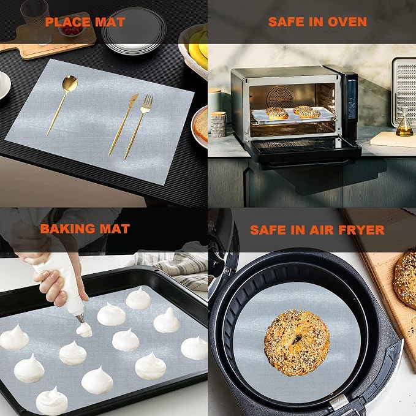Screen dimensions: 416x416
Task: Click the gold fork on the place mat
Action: pos(138,127)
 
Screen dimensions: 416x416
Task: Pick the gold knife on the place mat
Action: pos(123,124)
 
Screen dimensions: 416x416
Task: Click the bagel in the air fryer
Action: pos(297,342)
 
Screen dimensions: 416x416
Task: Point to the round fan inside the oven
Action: pos(281,97)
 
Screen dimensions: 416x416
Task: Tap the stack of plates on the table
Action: pos(134,31)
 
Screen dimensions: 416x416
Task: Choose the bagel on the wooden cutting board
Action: pos(405,278)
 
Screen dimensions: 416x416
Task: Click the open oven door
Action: pos(303,151)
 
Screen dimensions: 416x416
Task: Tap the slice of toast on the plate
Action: pos(202,125)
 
